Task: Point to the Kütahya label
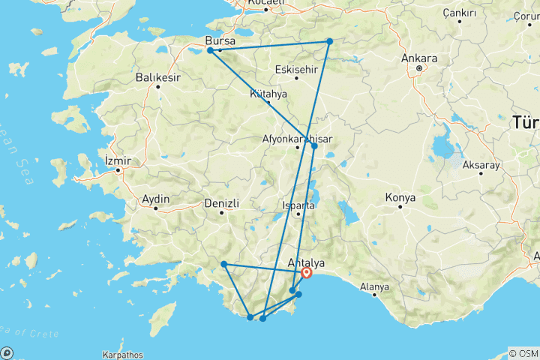tap(268, 94)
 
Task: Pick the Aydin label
tap(156, 199)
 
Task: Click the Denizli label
tap(222, 203)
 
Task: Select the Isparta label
tap(298, 205)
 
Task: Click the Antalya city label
tap(307, 262)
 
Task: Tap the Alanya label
tap(374, 286)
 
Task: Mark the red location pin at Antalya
tap(307, 274)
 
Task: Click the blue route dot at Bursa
tap(210, 51)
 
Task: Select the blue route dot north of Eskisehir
tap(329, 41)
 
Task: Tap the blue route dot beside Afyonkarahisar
tap(314, 145)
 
